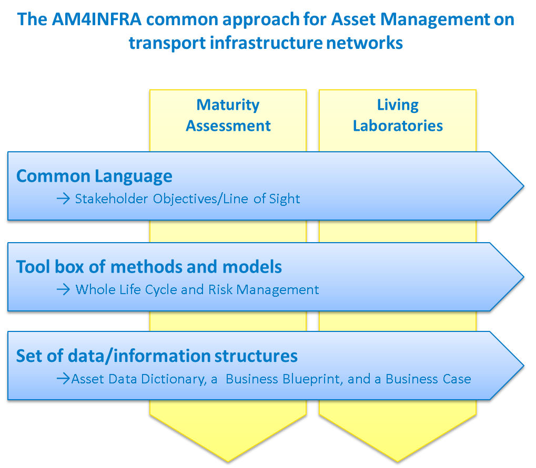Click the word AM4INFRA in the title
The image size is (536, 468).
[97, 19]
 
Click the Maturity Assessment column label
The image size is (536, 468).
[228, 115]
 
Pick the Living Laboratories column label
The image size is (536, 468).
[398, 115]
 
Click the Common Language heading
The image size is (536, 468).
[94, 176]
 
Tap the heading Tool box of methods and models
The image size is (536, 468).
[149, 267]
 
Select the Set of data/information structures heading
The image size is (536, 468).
[157, 356]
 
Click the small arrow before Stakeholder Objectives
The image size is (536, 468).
[63, 199]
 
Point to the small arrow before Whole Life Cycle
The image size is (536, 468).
[63, 290]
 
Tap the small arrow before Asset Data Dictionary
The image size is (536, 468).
[63, 379]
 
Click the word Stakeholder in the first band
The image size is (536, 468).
[112, 199]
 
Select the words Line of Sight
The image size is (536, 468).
[261, 199]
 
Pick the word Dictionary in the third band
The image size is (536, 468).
[174, 379]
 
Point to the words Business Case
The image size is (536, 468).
[428, 379]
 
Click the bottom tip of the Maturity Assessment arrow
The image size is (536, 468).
[228, 462]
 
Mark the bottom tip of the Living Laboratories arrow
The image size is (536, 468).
[398, 462]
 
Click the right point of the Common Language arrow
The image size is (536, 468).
[523, 186]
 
